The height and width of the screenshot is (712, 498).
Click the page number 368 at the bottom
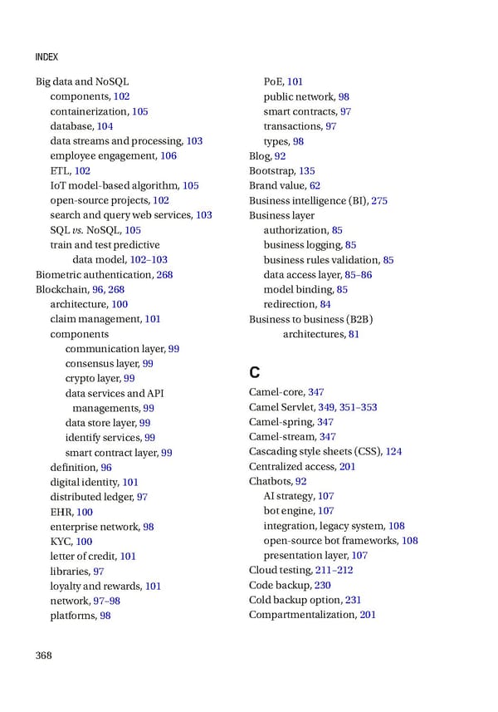click(x=43, y=656)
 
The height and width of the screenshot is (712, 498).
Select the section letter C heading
click(x=256, y=371)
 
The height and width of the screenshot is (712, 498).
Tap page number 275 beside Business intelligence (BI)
click(x=379, y=200)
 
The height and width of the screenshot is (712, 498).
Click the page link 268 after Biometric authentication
click(x=164, y=274)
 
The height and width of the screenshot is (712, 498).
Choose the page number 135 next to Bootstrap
click(x=306, y=171)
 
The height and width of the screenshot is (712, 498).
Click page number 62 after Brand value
click(x=315, y=186)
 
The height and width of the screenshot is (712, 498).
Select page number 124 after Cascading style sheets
click(x=393, y=452)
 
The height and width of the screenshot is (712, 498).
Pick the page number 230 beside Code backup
click(x=323, y=585)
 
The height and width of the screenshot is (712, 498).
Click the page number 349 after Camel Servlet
click(x=326, y=407)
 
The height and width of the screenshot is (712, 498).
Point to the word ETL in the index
click(x=59, y=171)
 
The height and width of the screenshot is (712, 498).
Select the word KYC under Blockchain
click(x=60, y=541)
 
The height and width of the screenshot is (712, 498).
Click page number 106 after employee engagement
click(x=168, y=156)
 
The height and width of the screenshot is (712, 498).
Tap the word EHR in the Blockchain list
click(x=61, y=512)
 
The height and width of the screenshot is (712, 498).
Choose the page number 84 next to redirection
click(x=325, y=304)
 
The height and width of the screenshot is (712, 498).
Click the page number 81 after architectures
click(x=354, y=334)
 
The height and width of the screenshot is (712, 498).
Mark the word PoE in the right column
click(x=274, y=81)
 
